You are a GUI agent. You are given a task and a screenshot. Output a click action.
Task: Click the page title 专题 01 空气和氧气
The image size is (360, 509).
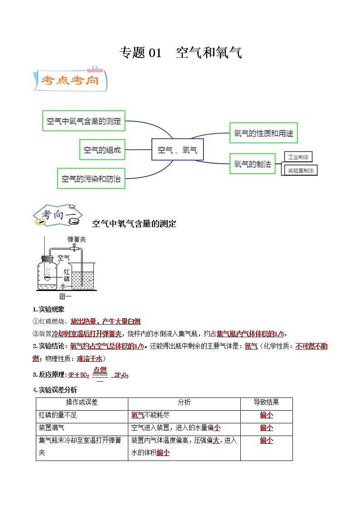(x=180, y=53)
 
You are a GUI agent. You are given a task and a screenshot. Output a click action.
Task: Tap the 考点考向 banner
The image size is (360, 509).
(x=70, y=80)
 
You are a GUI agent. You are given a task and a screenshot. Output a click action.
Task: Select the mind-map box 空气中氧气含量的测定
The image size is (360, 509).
(x=84, y=121)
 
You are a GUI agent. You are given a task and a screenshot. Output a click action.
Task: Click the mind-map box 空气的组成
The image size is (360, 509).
(x=102, y=150)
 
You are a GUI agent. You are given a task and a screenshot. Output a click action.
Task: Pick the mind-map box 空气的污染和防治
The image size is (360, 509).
(x=91, y=179)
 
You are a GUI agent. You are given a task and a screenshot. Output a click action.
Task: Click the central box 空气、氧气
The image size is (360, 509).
(x=177, y=150)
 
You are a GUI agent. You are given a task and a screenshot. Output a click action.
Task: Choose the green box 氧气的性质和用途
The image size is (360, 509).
(x=263, y=133)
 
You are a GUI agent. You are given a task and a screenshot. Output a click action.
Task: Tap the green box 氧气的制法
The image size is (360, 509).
(x=253, y=164)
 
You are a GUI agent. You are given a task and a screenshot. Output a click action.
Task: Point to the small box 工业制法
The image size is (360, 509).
(x=298, y=157)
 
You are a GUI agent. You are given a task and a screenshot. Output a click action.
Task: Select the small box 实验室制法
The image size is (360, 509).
(x=300, y=170)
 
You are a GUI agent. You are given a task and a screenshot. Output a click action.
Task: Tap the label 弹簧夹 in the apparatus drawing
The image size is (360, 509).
(x=76, y=239)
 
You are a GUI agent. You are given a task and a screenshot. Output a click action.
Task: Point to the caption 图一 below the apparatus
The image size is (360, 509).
(x=66, y=297)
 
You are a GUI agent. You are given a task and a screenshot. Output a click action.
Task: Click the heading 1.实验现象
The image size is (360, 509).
(x=49, y=309)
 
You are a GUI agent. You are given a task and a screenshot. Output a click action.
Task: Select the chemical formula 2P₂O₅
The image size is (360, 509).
(x=121, y=375)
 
